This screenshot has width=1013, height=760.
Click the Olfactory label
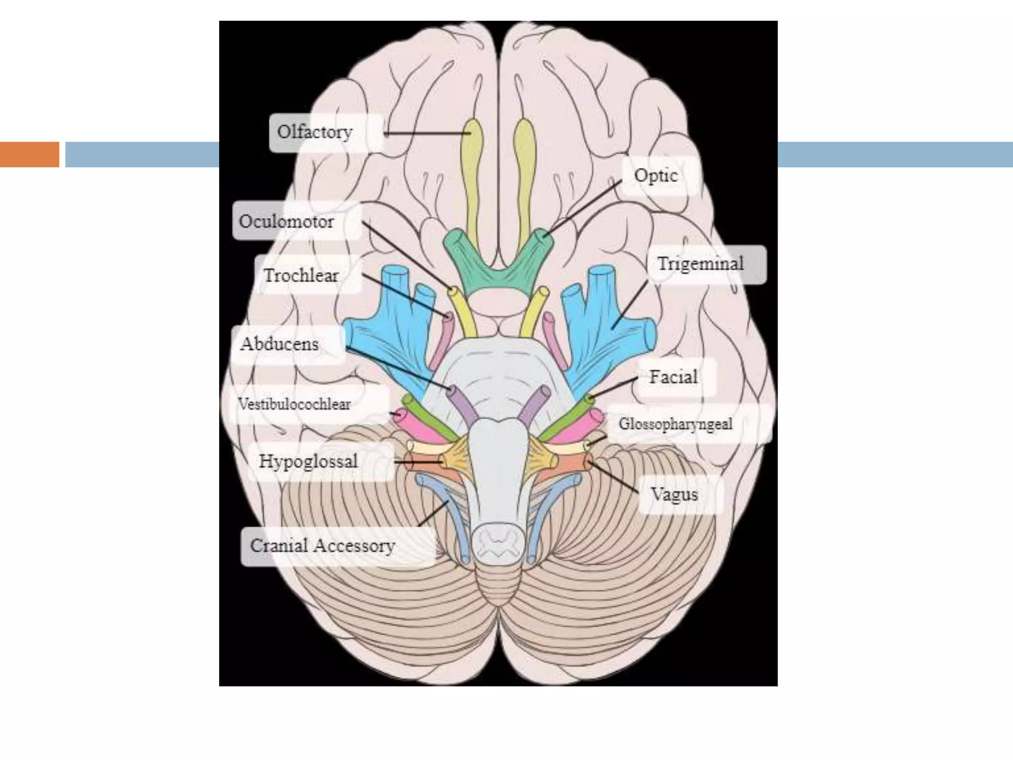click(315, 132)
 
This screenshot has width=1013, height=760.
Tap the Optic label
click(656, 176)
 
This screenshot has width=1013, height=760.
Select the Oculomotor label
click(287, 221)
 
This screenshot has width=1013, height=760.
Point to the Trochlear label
click(301, 275)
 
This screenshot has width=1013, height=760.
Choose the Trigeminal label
click(700, 264)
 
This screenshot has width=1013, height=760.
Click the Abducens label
click(280, 344)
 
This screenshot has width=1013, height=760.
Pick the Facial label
click(673, 377)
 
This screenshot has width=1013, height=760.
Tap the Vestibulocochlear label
click(295, 404)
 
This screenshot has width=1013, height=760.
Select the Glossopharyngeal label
click(676, 424)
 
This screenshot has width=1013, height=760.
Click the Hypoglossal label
click(309, 462)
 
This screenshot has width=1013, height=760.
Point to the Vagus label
click(674, 494)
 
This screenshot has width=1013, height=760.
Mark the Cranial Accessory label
click(322, 546)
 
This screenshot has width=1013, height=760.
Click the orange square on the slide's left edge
click(29, 154)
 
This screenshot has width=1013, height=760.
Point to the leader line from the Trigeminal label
click(630, 304)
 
